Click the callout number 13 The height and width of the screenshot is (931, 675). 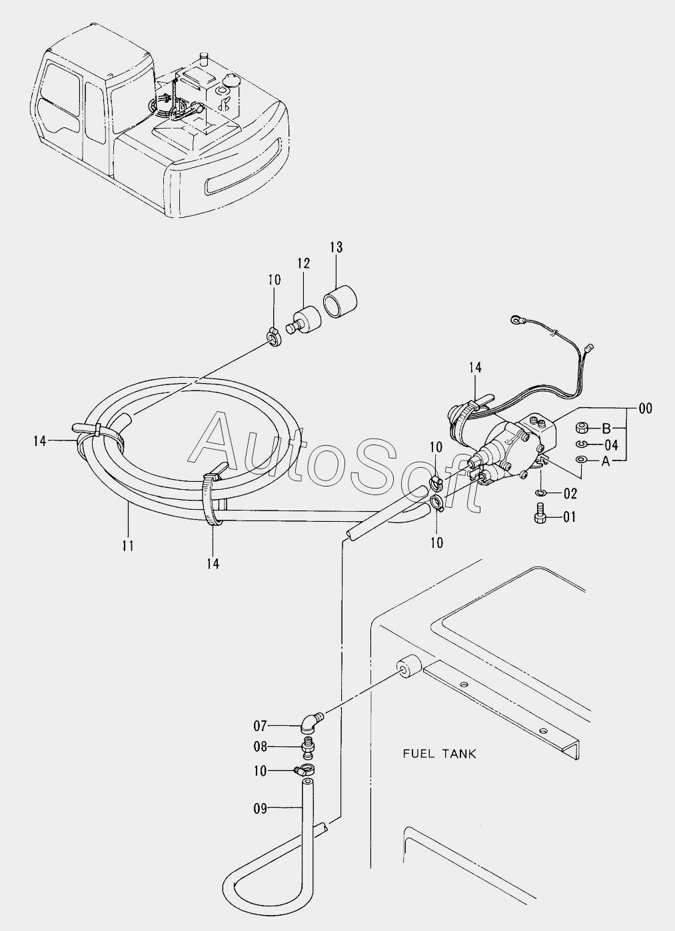click(x=335, y=248)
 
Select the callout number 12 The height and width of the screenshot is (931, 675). click(x=304, y=263)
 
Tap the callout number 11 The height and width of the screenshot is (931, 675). click(x=128, y=546)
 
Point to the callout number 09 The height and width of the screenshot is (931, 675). click(x=260, y=809)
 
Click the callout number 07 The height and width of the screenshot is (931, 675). click(x=260, y=725)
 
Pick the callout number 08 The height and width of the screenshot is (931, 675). click(x=260, y=747)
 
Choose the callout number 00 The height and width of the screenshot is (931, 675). click(x=645, y=409)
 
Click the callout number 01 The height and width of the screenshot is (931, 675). click(x=568, y=516)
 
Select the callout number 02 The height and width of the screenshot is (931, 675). click(x=568, y=494)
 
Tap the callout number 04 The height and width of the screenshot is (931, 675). click(x=611, y=445)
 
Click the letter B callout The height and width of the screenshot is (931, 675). click(x=606, y=428)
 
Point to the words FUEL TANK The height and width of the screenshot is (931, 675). click(x=439, y=754)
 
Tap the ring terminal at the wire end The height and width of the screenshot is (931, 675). click(x=516, y=323)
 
